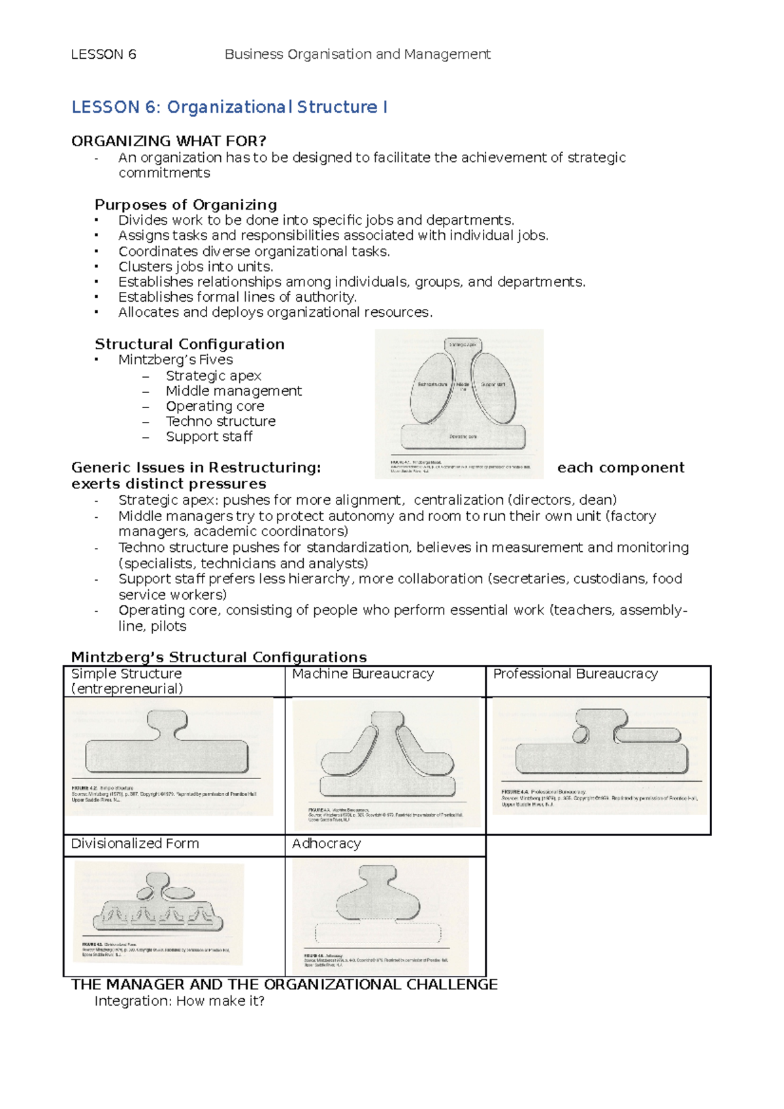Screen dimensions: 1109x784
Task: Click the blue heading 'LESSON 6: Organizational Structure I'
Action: click(229, 107)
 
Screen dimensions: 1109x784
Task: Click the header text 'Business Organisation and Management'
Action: click(357, 54)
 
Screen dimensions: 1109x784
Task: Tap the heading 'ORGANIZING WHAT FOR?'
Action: click(169, 141)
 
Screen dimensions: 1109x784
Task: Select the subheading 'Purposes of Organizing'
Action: click(186, 204)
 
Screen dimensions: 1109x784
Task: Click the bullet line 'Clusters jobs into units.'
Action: click(195, 266)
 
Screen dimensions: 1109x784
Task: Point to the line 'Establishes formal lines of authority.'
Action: click(237, 297)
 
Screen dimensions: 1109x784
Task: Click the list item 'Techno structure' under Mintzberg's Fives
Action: click(220, 421)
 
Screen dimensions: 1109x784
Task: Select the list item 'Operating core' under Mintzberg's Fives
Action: click(214, 406)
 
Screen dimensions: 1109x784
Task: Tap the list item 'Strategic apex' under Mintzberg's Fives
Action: click(213, 376)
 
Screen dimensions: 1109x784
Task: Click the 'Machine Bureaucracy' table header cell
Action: click(363, 674)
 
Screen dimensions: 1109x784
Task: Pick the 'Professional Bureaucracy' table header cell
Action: click(575, 674)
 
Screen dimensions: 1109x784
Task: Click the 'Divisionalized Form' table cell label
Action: click(135, 844)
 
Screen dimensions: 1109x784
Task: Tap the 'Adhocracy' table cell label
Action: click(326, 844)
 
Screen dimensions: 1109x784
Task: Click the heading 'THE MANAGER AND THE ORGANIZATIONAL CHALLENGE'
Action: click(284, 985)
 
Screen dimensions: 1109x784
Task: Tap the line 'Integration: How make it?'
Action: click(179, 1001)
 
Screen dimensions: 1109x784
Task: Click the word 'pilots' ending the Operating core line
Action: click(168, 626)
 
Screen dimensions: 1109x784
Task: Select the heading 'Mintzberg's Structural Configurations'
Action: click(219, 657)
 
